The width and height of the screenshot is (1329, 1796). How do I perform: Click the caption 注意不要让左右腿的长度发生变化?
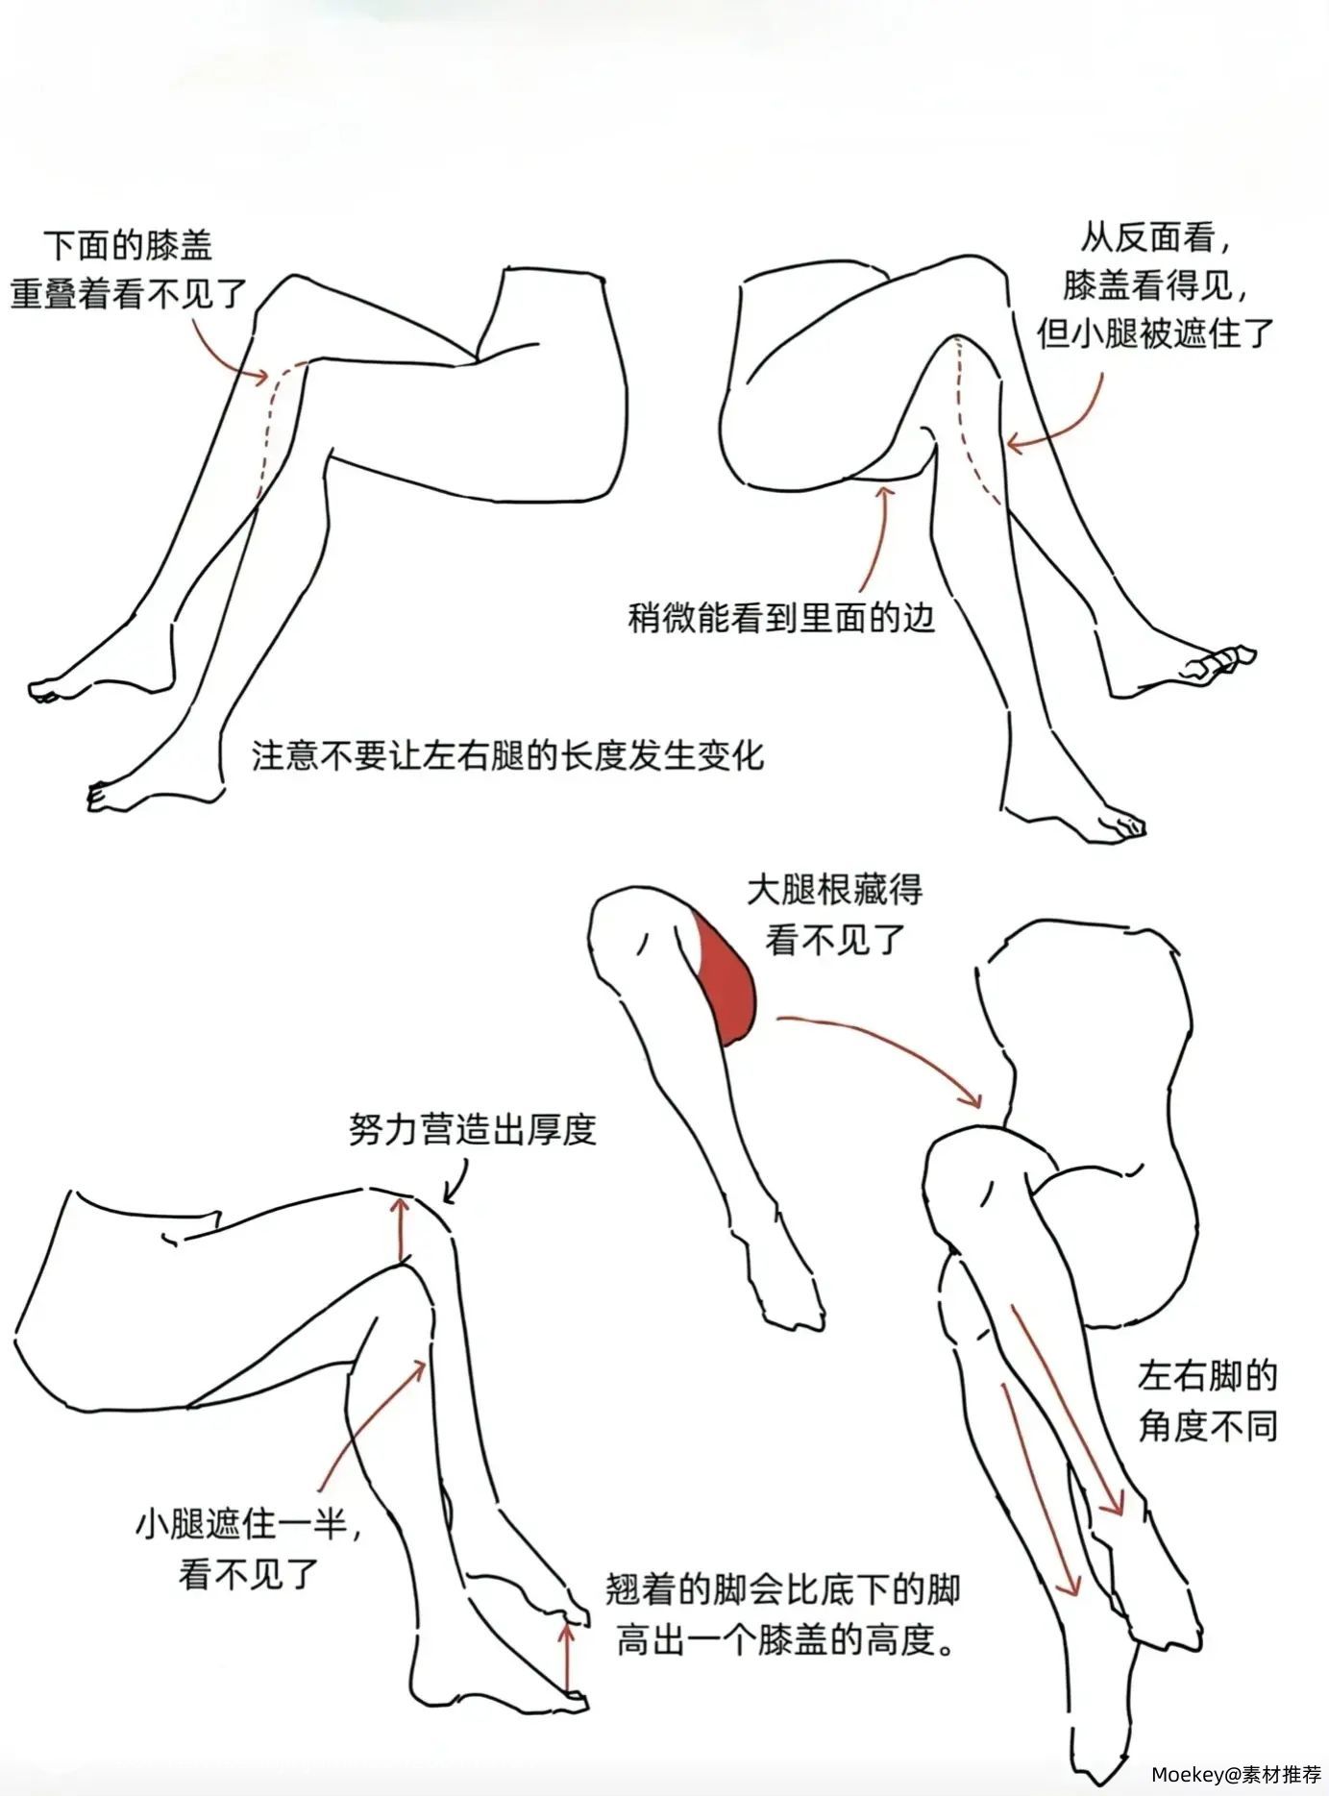507,755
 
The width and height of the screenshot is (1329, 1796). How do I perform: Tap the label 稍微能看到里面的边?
780,616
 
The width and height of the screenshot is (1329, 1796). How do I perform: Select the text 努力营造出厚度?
472,1129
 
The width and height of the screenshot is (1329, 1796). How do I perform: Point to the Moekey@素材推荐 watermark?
1236,1773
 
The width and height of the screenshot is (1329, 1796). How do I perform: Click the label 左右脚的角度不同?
1208,1400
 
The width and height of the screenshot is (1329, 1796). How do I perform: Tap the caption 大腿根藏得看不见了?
834,914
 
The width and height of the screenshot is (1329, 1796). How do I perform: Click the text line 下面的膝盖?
128,245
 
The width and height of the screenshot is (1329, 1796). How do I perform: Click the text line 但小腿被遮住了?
1155,332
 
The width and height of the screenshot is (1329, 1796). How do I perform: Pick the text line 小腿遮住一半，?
249,1523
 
